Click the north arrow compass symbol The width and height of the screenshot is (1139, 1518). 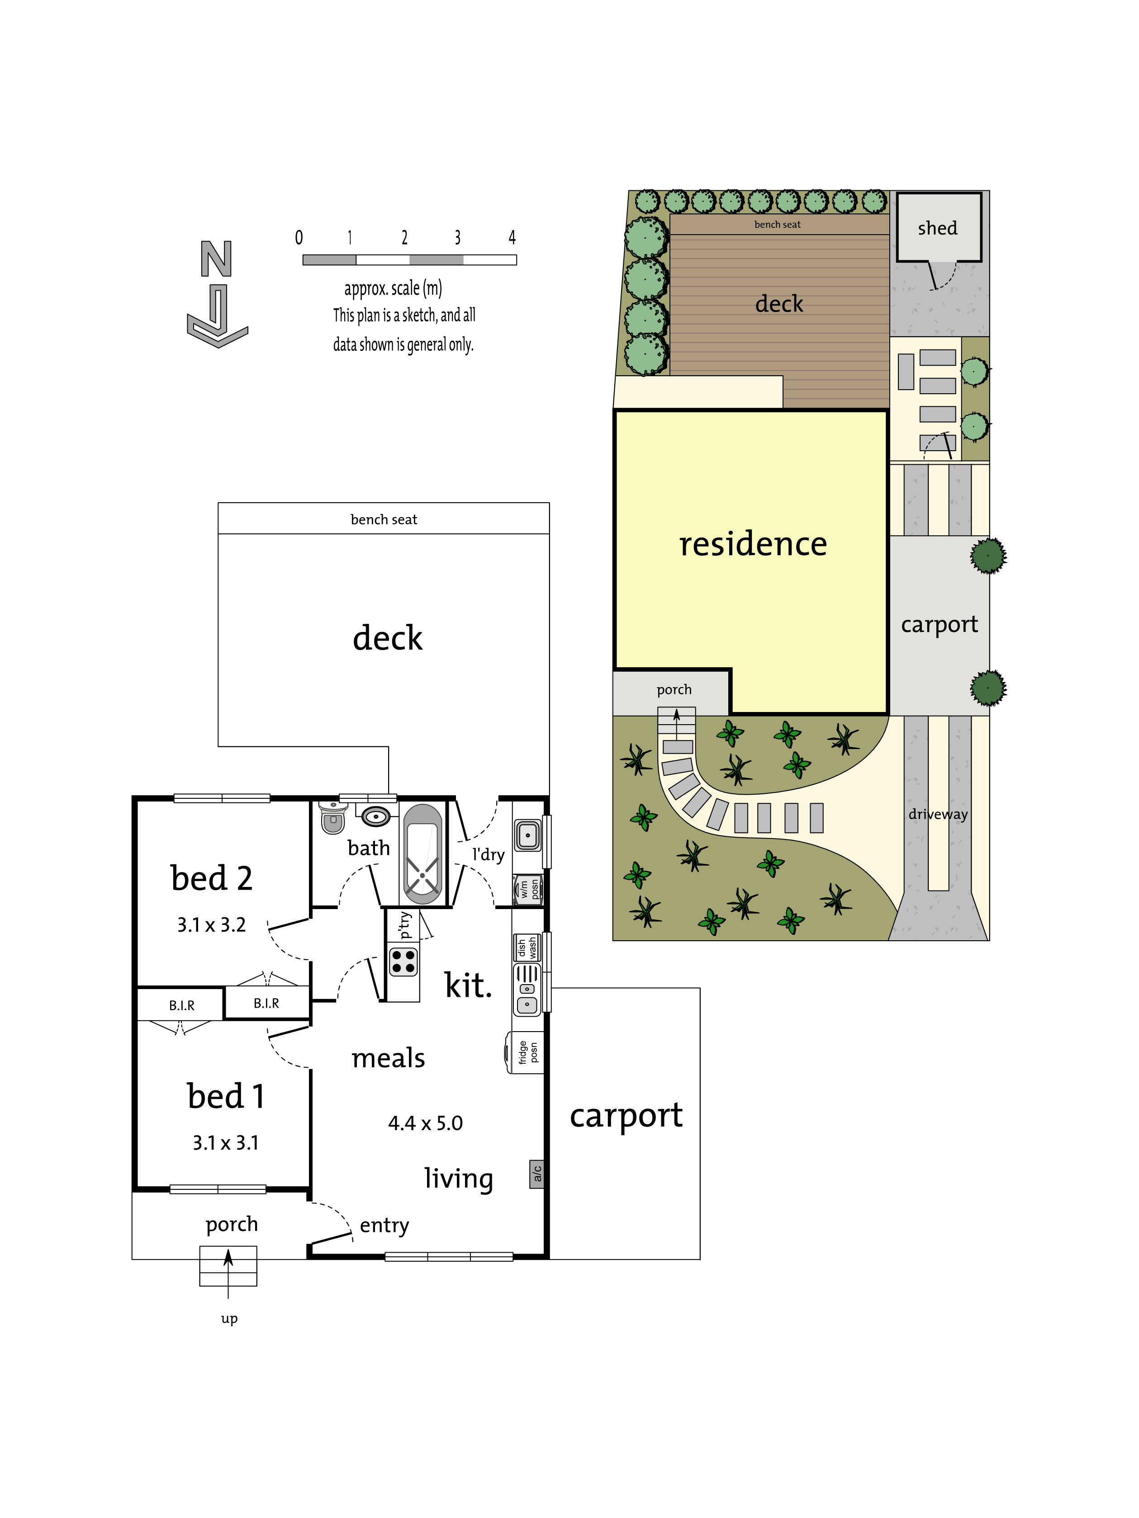point(217,294)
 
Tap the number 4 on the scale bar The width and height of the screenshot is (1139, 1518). point(512,237)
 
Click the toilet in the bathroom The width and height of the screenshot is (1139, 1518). point(333,817)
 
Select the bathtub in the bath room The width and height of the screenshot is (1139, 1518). point(422,853)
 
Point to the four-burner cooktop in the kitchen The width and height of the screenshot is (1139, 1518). point(403,962)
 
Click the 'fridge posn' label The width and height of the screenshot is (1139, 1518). point(528,1052)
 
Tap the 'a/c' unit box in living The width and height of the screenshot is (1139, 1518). point(537,1174)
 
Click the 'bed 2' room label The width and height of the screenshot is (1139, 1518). point(211,878)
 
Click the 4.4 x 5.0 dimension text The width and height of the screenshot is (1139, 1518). point(425,1123)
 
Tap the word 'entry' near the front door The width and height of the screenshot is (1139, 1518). point(384,1225)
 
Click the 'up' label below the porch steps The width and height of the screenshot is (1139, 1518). point(229,1318)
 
